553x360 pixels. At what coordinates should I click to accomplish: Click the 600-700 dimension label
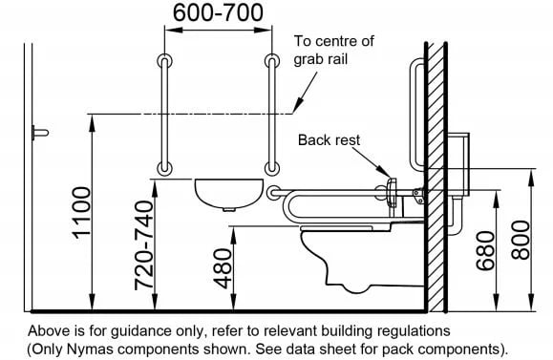tap(218, 13)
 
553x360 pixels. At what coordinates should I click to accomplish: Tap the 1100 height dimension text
tap(82, 213)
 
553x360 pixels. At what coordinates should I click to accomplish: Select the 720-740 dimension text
tap(144, 245)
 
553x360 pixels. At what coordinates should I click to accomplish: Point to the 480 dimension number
tap(223, 268)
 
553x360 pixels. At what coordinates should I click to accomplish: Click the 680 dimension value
tap(486, 251)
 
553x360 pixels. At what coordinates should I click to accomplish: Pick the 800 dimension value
tap(521, 240)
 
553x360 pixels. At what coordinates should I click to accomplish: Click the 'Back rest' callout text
tap(329, 140)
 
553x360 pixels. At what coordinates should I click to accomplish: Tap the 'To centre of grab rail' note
tap(333, 50)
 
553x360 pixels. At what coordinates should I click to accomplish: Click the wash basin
tap(229, 195)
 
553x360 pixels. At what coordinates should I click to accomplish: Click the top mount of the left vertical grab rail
tap(164, 61)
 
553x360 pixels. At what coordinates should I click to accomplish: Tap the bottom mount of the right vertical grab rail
tap(272, 168)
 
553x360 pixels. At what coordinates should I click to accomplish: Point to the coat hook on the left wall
tap(40, 133)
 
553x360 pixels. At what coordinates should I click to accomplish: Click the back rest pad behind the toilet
tap(392, 192)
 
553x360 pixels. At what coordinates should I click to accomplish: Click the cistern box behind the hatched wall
tap(458, 164)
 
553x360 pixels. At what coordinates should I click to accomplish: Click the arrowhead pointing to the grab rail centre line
tap(298, 105)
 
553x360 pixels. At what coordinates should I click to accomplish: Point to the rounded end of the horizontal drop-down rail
tap(272, 193)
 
